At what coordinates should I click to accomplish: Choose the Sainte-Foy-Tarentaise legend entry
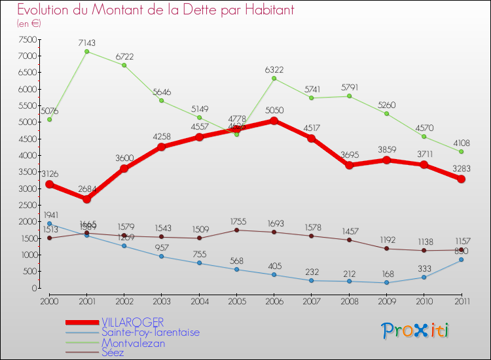pos(150,332)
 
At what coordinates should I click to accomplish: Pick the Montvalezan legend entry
pos(133,342)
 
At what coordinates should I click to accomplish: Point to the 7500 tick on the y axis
pos(28,39)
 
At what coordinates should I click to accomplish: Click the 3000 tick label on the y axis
pos(28,189)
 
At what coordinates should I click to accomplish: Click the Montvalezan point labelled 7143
pos(86,51)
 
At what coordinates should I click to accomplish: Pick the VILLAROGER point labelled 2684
pos(86,199)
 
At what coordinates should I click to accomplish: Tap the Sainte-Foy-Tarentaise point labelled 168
pos(386,283)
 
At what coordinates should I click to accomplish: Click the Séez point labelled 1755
pos(236,230)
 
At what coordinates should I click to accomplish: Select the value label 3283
pos(462,169)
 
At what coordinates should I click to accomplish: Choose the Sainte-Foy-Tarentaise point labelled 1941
pos(49,223)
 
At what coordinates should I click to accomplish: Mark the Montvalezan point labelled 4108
pos(462,152)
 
